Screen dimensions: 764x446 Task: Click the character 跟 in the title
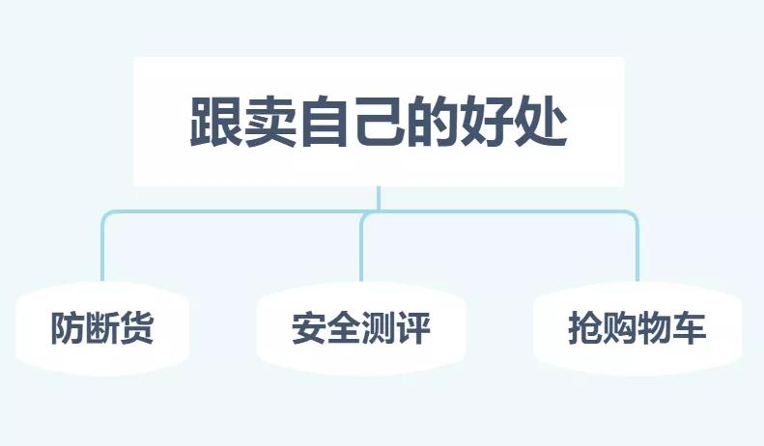[214, 123]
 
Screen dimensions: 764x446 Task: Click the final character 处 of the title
[541, 123]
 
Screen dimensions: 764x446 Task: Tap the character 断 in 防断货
[101, 330]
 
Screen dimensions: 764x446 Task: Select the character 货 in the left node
[136, 330]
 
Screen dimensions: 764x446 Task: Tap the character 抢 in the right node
[585, 330]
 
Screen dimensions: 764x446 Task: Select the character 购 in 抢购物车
[620, 330]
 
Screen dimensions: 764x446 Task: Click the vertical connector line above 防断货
[102, 253]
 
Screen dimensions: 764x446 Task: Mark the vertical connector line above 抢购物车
[637, 253]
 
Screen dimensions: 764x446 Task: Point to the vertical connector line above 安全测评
[361, 253]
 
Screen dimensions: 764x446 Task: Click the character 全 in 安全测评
[344, 330]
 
